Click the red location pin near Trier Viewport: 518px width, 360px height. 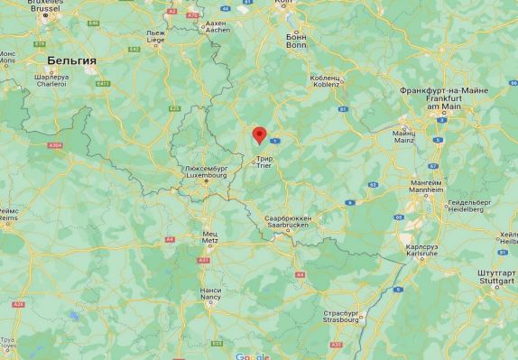point(260,135)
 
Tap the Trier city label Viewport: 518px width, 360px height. point(264,162)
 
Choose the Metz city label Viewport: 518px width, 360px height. point(208,237)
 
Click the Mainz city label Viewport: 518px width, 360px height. point(403,137)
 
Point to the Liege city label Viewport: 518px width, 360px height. point(156,36)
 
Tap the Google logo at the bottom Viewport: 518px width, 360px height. point(252,355)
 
